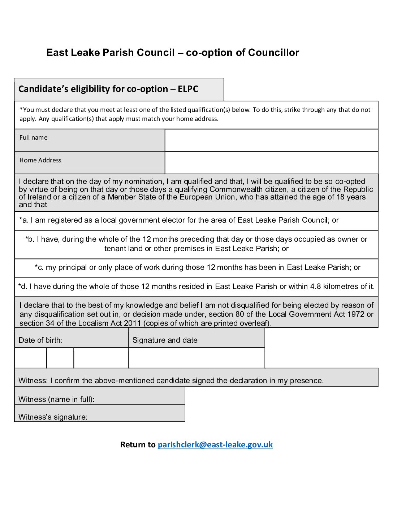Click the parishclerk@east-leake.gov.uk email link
pos(215,444)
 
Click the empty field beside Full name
pos(271,140)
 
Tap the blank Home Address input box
pos(271,163)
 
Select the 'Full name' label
pos(34,137)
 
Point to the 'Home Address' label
pos(40,160)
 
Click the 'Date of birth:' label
pos(40,340)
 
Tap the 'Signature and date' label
pos(165,340)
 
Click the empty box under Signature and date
pos(196,358)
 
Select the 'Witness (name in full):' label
pos(56,399)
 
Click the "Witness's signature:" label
pos(53,417)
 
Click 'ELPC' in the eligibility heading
pos(188,89)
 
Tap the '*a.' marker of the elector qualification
pos(24,220)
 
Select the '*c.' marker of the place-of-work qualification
pos(39,267)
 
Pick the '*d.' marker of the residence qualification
pos(23,286)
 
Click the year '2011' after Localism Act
pos(132,323)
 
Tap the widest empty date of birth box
pos(101,358)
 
